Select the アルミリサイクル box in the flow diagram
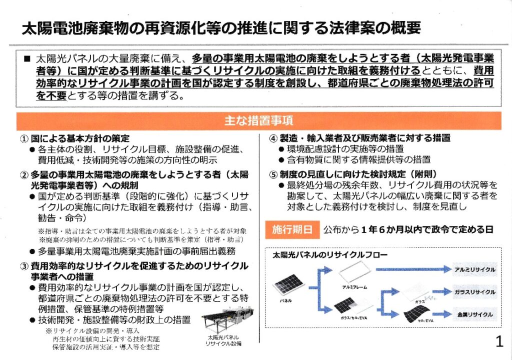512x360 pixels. click(474, 269)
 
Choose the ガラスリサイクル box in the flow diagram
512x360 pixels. click(474, 291)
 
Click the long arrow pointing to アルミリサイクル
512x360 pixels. click(410, 269)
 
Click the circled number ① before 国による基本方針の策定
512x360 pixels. click(23, 138)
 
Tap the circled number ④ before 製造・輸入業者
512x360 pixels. click(273, 138)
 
